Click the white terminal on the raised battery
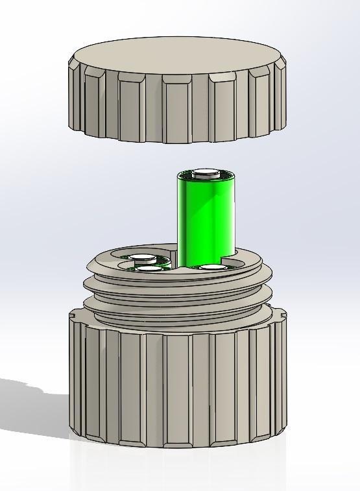206,173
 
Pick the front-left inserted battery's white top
149,269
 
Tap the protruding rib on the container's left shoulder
73,316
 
